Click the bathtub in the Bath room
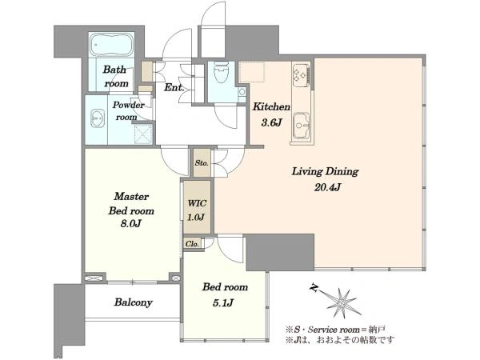click(x=112, y=45)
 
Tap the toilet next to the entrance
click(x=222, y=73)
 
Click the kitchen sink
click(x=302, y=126)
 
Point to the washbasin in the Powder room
click(x=98, y=118)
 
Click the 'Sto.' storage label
click(x=202, y=163)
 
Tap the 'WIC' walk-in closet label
click(x=197, y=203)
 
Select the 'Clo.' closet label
click(x=192, y=244)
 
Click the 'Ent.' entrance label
click(x=174, y=87)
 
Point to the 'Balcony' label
click(x=133, y=302)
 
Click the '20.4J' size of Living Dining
click(x=327, y=187)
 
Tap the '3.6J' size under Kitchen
click(x=271, y=122)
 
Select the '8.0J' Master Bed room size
click(x=130, y=224)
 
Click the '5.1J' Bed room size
click(x=223, y=302)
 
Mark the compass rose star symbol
click(x=342, y=303)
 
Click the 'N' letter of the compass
click(x=314, y=288)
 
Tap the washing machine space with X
click(x=143, y=134)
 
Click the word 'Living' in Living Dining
click(x=306, y=171)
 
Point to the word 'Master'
click(x=131, y=196)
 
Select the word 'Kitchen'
click(x=271, y=107)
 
